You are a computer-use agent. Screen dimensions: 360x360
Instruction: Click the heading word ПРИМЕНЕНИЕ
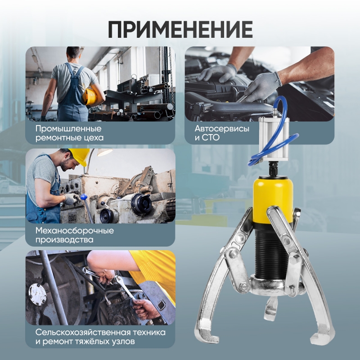[180, 29]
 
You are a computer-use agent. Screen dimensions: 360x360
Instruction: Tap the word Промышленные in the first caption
[68, 129]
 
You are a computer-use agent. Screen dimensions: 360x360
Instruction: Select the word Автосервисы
[222, 128]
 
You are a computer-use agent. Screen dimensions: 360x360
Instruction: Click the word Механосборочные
[75, 230]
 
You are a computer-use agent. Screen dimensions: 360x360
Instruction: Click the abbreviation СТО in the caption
[211, 138]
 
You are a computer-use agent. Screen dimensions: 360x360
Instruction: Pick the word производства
[64, 240]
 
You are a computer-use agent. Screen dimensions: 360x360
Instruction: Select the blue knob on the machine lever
[84, 197]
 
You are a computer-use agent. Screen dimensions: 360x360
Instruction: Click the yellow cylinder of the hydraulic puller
[273, 200]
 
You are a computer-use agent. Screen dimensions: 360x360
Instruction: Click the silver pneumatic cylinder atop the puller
[274, 139]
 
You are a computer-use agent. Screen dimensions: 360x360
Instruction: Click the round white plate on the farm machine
[37, 294]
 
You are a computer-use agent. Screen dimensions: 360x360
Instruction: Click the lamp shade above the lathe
[105, 152]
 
